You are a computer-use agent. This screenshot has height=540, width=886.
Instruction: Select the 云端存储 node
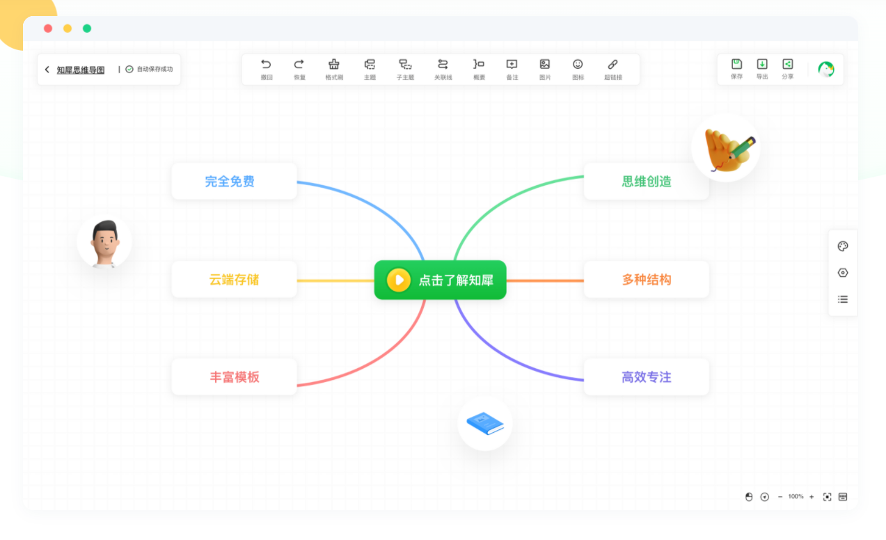(234, 280)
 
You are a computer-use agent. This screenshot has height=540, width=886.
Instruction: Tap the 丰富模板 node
(234, 377)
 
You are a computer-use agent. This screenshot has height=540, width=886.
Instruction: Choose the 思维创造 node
(646, 182)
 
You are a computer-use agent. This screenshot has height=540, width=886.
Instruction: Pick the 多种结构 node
(646, 280)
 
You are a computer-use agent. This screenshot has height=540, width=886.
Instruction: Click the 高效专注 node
(646, 377)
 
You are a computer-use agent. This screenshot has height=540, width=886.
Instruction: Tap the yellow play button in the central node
(399, 280)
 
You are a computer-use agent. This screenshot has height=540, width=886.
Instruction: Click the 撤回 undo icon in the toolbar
(266, 65)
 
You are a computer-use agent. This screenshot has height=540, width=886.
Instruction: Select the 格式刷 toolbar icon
(334, 65)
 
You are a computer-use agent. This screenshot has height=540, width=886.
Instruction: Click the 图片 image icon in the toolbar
(545, 65)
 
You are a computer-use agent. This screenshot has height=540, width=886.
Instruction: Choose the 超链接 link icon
(612, 65)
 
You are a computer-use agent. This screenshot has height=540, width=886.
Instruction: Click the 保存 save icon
(736, 65)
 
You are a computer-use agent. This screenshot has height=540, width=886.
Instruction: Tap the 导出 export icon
(762, 65)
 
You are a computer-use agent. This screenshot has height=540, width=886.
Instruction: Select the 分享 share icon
(787, 65)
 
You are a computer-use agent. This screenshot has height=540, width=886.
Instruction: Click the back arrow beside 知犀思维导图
(47, 70)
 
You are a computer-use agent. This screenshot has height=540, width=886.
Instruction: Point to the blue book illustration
(485, 423)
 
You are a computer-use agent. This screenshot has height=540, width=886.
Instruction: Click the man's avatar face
(104, 240)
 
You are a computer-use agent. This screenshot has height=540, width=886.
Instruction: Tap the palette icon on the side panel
(843, 246)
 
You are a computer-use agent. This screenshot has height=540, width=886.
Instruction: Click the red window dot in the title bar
(48, 29)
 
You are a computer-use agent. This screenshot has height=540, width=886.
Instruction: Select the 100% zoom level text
(796, 497)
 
